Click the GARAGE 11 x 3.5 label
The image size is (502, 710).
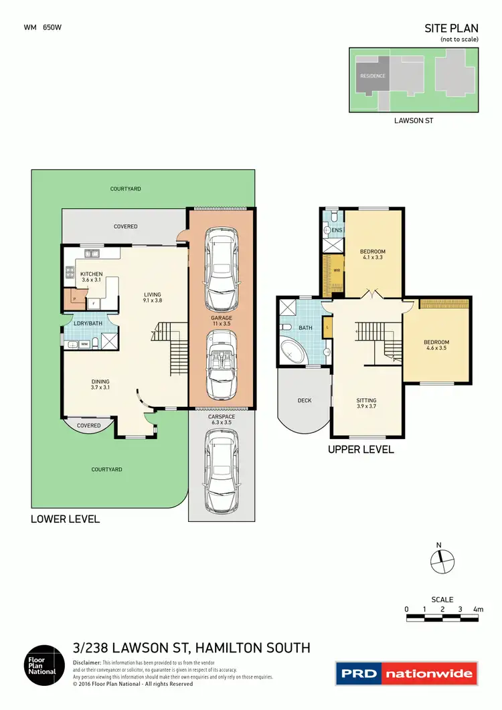point(221,321)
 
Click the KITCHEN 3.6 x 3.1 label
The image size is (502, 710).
point(91,277)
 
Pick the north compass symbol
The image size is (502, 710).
point(440,561)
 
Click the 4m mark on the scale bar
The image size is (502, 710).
point(477,610)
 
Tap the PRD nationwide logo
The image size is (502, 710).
point(406,673)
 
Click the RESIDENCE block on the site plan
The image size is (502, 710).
point(373,76)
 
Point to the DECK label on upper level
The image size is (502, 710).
point(305,401)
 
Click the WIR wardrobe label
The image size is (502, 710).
point(337,271)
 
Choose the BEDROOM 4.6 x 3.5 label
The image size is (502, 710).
point(436,345)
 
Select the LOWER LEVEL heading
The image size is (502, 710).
point(65,519)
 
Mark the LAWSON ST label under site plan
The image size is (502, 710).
point(414,121)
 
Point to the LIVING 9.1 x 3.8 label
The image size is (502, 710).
point(152,297)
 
